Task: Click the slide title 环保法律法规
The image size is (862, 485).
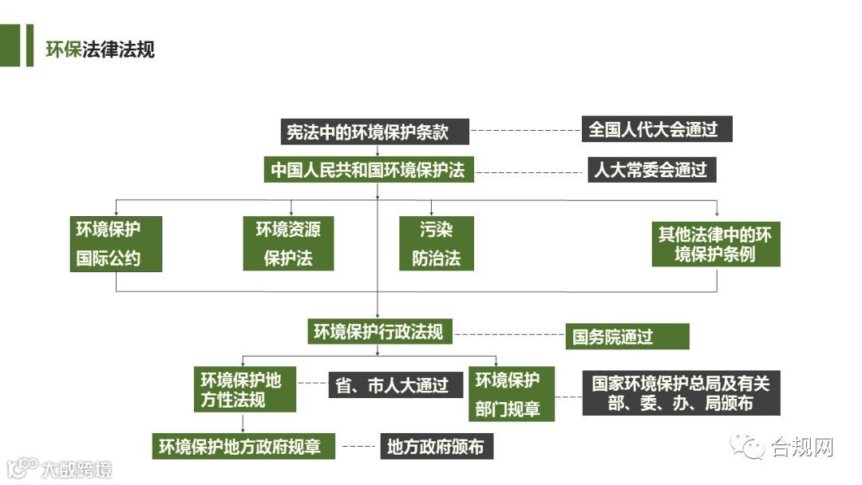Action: click(x=100, y=49)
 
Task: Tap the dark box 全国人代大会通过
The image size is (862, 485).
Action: click(x=657, y=128)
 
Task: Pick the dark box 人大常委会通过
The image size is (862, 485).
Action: click(x=651, y=170)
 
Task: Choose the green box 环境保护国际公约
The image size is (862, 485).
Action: click(x=117, y=244)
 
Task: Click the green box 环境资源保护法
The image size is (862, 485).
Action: click(x=288, y=244)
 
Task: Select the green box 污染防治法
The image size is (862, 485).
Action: click(x=436, y=244)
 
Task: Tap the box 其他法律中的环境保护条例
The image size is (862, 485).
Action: click(x=715, y=244)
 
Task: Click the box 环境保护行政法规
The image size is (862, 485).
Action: click(x=378, y=332)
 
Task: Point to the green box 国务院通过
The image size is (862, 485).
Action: click(x=627, y=336)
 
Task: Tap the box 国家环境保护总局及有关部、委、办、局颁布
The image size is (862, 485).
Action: click(x=681, y=392)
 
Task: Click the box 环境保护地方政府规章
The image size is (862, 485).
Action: click(x=244, y=446)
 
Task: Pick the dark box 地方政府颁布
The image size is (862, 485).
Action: click(x=436, y=446)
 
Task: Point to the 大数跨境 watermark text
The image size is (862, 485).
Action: click(x=76, y=469)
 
